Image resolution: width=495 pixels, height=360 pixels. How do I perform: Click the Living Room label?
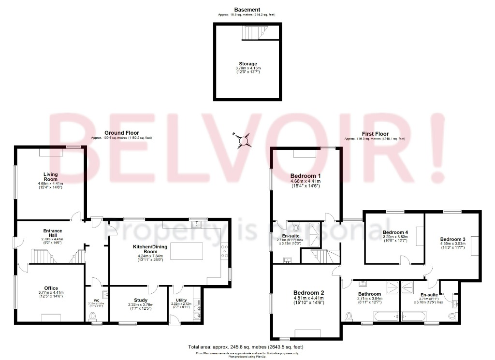click(51, 177)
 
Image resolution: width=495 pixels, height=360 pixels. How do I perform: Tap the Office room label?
click(51, 288)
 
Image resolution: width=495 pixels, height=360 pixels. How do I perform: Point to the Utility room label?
click(182, 300)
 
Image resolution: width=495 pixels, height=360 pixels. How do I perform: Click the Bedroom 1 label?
click(306, 175)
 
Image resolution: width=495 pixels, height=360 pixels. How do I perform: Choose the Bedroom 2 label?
click(308, 293)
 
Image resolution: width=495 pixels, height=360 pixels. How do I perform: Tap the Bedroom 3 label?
click(453, 239)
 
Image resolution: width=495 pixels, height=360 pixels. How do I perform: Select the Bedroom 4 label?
click(395, 232)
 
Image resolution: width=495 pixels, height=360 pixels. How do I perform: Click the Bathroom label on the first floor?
click(369, 294)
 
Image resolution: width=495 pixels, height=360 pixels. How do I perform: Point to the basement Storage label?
click(247, 64)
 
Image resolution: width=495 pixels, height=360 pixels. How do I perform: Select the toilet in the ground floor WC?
click(93, 317)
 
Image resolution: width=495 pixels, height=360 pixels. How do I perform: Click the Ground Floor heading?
click(121, 133)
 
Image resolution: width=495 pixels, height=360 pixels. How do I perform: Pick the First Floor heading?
click(375, 134)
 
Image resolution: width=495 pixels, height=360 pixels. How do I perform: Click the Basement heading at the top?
click(247, 10)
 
